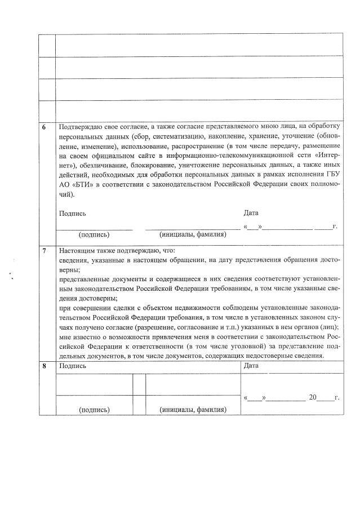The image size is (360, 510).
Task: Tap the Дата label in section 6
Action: [251, 213]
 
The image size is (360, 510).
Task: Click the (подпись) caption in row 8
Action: [94, 410]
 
